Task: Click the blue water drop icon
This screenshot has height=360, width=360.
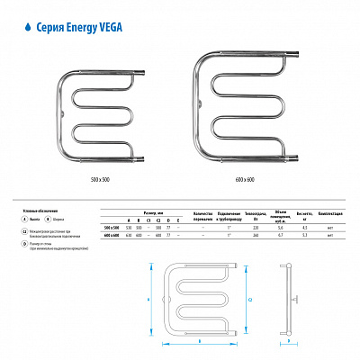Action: click(x=22, y=27)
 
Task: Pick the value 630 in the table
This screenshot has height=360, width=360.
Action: click(x=128, y=235)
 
